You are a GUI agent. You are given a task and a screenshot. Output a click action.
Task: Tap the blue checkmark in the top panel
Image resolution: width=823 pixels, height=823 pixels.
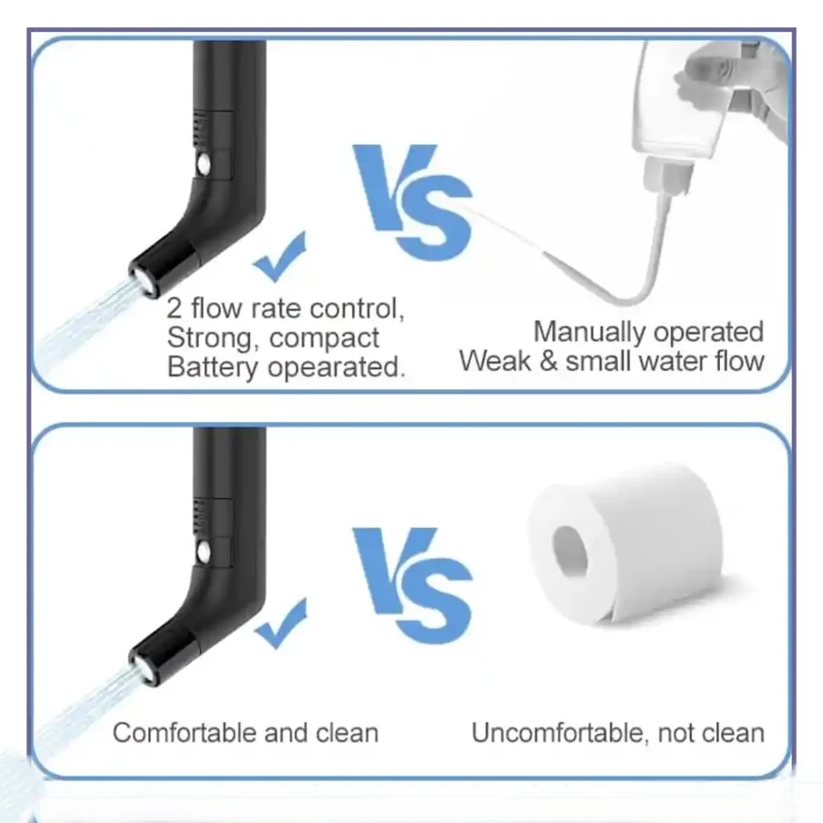point(280,257)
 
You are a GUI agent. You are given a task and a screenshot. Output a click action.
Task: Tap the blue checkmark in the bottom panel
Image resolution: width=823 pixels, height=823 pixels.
point(281,624)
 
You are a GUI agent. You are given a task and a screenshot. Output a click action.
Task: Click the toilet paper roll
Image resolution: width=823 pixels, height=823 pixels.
point(625,546)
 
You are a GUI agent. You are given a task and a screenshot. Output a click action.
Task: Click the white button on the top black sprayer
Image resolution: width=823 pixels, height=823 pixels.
point(203,164)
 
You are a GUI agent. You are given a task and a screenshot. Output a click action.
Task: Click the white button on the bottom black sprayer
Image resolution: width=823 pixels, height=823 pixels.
point(203,551)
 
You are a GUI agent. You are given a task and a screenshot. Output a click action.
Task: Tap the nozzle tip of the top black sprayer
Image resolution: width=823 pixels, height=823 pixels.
point(142,281)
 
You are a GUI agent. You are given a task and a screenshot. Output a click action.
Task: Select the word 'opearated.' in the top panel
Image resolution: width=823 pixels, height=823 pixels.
point(337,367)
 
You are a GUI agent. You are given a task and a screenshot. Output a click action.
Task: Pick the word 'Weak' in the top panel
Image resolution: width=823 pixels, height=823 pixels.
point(495,361)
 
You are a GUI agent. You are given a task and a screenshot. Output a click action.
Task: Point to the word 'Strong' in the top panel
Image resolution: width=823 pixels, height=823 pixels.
point(210,338)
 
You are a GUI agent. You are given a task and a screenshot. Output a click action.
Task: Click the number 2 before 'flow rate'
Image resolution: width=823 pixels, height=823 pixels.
point(174,309)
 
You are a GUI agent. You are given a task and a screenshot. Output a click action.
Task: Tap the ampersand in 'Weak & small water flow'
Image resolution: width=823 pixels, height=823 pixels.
point(548,361)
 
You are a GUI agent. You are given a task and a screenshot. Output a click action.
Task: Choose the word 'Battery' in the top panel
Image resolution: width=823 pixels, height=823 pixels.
point(212,367)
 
